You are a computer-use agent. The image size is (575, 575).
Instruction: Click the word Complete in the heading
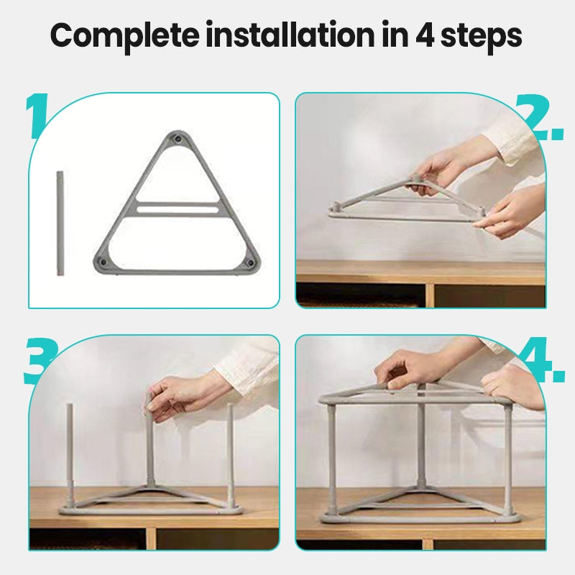[x=124, y=36]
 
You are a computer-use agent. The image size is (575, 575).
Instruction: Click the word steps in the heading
[x=481, y=37]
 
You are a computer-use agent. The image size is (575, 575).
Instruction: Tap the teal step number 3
[x=40, y=361]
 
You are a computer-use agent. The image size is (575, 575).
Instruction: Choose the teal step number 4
[x=542, y=360]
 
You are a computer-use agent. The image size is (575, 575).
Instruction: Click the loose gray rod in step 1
[x=60, y=223]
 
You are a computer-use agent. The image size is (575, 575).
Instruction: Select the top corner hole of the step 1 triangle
[x=178, y=139]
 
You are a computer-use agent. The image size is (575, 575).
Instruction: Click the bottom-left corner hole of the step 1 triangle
[x=103, y=262]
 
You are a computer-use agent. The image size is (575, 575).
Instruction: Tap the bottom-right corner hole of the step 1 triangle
[x=250, y=262]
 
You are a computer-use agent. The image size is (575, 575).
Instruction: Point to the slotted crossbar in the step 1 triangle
[x=178, y=209]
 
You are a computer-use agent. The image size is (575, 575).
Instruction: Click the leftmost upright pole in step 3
[x=70, y=455]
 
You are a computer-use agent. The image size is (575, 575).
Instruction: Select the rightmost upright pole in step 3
[x=230, y=455]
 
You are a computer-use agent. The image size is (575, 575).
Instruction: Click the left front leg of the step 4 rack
[x=331, y=459]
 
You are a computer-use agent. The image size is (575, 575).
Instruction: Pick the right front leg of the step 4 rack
[x=508, y=459]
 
